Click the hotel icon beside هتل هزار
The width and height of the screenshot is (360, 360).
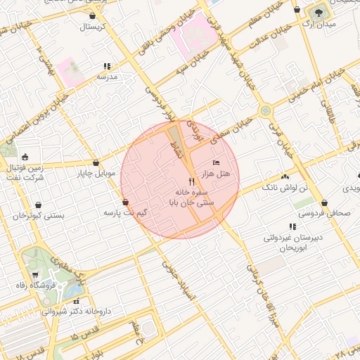tap(215, 162)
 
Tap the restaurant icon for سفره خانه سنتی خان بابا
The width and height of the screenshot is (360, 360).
tap(182, 181)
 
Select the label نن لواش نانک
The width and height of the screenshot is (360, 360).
tap(285, 188)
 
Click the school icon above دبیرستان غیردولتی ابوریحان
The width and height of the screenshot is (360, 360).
tap(292, 226)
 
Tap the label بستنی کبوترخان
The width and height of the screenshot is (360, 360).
tap(38, 215)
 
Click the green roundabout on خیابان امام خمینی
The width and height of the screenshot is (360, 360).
tap(265, 110)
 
